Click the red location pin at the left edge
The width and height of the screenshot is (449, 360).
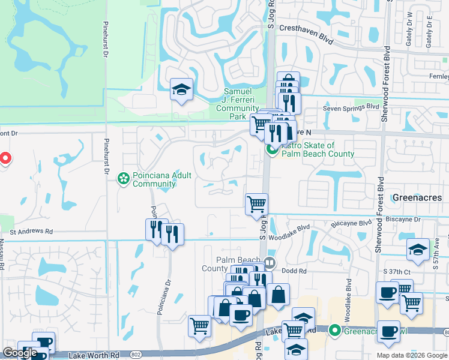click(x=5, y=158)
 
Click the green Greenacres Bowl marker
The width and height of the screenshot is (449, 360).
click(x=334, y=330)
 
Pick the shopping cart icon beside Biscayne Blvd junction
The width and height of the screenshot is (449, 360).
click(x=256, y=204)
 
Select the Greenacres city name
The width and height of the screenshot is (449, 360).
click(x=417, y=197)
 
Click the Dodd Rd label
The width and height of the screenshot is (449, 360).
click(x=294, y=271)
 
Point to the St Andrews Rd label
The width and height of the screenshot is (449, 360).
click(x=31, y=231)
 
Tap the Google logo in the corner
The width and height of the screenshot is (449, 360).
click(x=20, y=353)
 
